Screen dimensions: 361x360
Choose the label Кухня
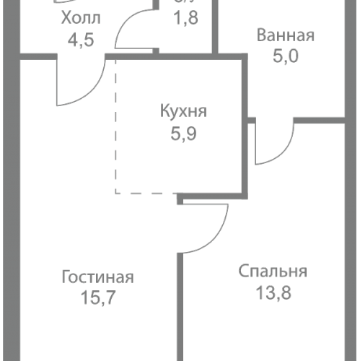[184, 112]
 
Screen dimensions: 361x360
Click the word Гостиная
[98, 277]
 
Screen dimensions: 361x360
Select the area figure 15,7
[98, 297]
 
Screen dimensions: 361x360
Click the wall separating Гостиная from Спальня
[181, 303]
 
